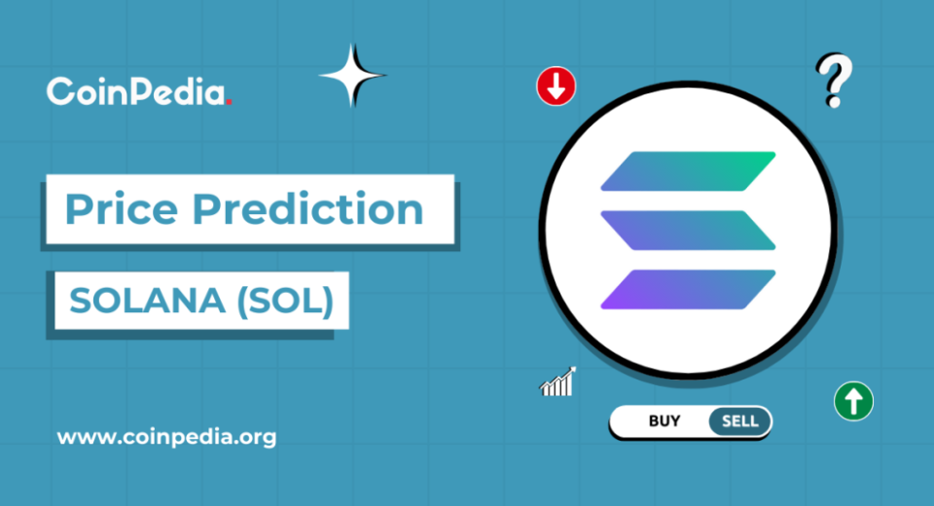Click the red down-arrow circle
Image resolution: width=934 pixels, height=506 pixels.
pyautogui.click(x=556, y=87)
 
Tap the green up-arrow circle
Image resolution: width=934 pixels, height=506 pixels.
pyautogui.click(x=853, y=401)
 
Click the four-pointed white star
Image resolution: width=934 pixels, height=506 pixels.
pyautogui.click(x=352, y=76)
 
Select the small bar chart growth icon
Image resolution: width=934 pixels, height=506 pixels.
pyautogui.click(x=557, y=381)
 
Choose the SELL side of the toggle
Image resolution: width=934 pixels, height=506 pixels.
pyautogui.click(x=739, y=421)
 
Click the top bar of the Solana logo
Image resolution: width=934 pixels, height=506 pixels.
pyautogui.click(x=688, y=171)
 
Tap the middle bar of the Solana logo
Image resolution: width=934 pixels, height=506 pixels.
pyautogui.click(x=688, y=230)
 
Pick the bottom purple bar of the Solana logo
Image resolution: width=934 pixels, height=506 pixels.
pyautogui.click(x=688, y=289)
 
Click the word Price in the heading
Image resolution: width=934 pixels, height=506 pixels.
pyautogui.click(x=122, y=209)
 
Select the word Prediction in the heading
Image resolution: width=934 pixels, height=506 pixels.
pyautogui.click(x=307, y=208)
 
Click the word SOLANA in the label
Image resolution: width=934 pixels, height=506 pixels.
pyautogui.click(x=147, y=301)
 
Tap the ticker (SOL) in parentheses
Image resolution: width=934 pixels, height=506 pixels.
pyautogui.click(x=285, y=301)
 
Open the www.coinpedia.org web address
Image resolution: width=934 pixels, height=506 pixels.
pyautogui.click(x=166, y=438)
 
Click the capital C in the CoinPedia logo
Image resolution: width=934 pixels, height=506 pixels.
pyautogui.click(x=60, y=91)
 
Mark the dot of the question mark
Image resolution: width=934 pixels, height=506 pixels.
pyautogui.click(x=834, y=101)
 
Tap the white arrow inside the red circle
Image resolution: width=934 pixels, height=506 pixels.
pyautogui.click(x=556, y=87)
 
